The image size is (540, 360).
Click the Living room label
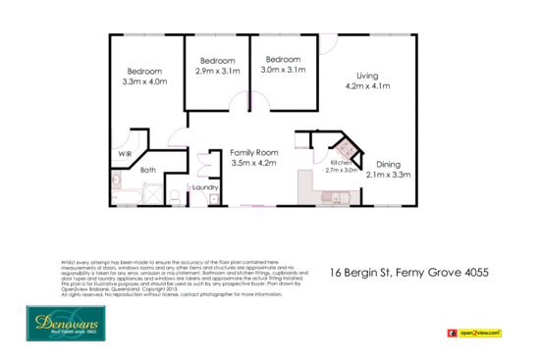[367, 76]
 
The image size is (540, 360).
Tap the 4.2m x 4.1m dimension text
[367, 87]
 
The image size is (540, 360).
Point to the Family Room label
[254, 153]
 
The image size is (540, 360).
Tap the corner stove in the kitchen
[344, 148]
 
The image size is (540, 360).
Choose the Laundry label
[205, 187]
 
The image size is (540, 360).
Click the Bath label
[148, 171]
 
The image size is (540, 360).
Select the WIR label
[125, 154]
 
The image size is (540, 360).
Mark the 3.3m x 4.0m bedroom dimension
[143, 83]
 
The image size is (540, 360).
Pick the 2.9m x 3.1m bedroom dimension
[217, 71]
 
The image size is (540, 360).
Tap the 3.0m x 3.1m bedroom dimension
[284, 71]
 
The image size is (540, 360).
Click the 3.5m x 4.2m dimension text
[254, 164]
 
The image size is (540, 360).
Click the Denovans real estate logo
[62, 322]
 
